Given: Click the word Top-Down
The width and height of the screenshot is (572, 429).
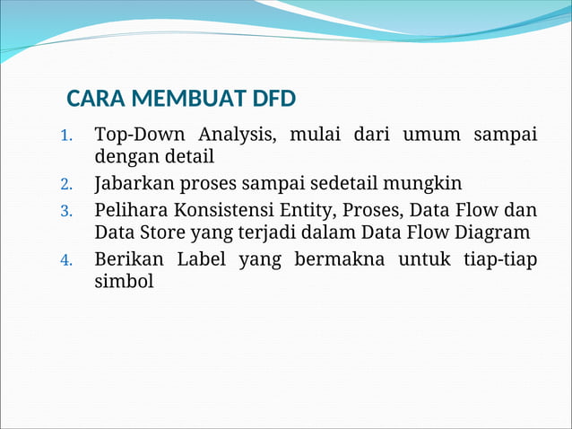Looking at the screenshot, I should pos(140,136).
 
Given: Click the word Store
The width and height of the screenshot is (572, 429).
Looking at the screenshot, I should pos(164,232).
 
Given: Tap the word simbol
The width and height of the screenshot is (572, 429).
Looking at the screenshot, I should pos(124,282).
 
